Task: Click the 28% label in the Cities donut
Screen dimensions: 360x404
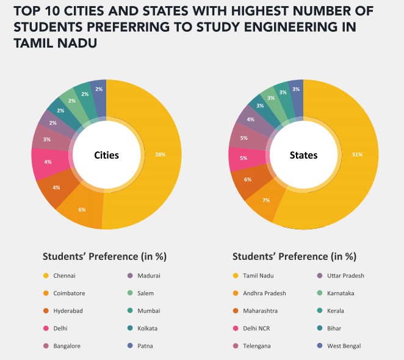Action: point(161,154)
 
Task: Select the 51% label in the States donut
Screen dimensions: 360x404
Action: point(357,154)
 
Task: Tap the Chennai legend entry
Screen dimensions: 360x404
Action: point(64,276)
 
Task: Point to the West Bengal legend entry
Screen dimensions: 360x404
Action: point(344,346)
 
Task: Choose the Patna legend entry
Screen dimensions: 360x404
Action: point(146,346)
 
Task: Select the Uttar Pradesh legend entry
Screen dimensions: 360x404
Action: point(345,276)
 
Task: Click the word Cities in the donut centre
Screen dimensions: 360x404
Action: point(106,155)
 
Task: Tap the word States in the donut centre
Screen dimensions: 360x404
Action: point(303,155)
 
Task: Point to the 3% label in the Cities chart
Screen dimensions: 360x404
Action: point(47,140)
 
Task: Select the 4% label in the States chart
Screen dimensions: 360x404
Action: point(251,120)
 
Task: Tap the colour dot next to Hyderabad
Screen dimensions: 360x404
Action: point(45,311)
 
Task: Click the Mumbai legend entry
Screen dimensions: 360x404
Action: point(149,311)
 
